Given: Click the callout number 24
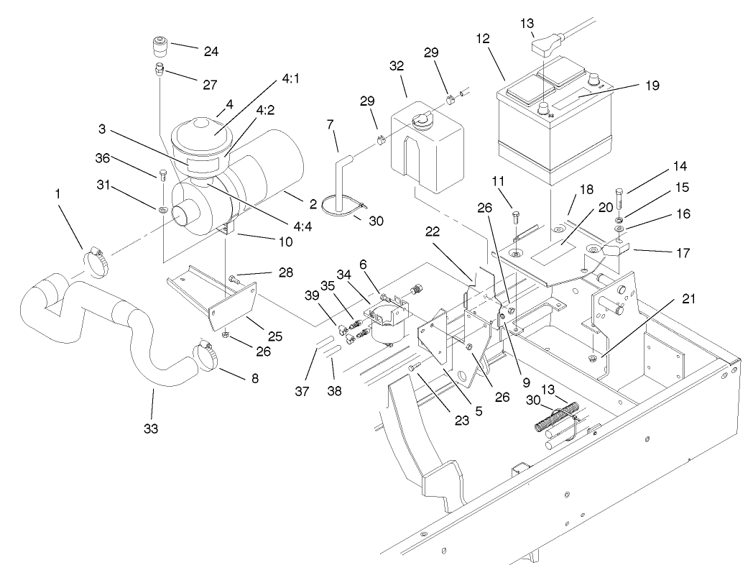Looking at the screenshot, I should [x=191, y=51].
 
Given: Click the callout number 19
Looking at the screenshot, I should [x=652, y=85].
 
